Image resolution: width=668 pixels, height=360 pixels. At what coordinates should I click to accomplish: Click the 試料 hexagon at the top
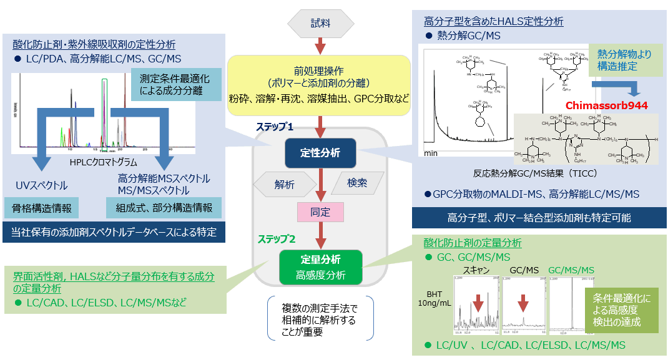tap(320, 23)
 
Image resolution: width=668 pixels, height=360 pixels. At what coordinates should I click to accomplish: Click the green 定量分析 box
tap(320, 266)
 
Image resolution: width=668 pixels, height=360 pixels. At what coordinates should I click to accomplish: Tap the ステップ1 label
tap(274, 127)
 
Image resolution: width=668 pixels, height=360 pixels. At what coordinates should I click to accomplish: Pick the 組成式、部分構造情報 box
tap(164, 208)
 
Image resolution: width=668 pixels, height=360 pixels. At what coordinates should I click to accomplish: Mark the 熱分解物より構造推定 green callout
tap(624, 61)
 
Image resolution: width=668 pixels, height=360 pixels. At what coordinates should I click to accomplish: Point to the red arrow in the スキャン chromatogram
tap(478, 304)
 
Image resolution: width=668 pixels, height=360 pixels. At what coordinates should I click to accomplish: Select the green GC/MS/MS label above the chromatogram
tap(571, 270)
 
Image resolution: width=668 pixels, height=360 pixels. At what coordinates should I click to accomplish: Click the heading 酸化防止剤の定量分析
tap(473, 243)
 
